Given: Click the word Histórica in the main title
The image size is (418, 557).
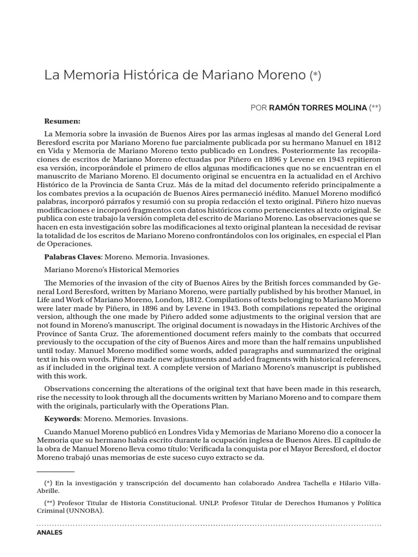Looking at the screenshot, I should [x=153, y=75].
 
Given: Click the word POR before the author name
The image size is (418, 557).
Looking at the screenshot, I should [x=259, y=108].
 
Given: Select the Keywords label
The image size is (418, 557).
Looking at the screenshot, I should [x=62, y=418].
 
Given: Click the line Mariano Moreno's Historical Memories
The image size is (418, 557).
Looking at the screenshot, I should [x=111, y=269].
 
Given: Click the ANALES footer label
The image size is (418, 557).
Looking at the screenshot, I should [x=50, y=533].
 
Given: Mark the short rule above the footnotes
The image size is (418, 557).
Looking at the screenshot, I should [x=55, y=472].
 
